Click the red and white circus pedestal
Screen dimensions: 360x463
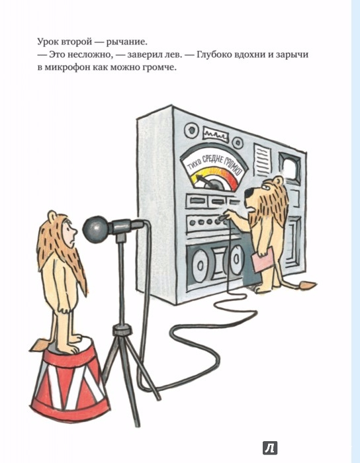point(70,377)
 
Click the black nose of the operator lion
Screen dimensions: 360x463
point(249,194)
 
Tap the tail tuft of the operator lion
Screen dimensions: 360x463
point(307,286)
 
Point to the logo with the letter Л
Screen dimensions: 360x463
point(270,448)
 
